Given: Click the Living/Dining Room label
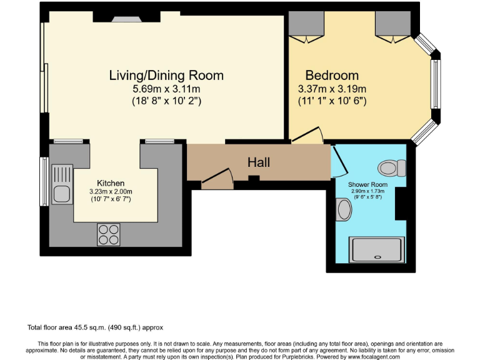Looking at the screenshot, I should coord(166,76).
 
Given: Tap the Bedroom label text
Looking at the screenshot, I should coord(332,76).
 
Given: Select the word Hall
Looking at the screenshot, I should coord(259,162).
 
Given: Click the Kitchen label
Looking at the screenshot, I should coord(111,183).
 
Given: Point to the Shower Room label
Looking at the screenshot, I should coord(367,185).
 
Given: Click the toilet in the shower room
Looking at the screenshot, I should coord(389,167).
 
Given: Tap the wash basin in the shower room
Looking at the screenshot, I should coord(343,209).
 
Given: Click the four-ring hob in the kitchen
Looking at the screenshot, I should coord(108,234).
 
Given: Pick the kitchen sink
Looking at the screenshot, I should coord(62,186).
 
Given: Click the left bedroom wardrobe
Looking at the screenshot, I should coord(306,25).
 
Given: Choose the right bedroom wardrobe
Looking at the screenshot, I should coord(392,25).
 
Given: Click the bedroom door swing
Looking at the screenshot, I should coord(308,136).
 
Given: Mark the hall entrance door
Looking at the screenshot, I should coord(218,181).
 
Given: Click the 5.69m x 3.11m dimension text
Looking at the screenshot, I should coord(166,89).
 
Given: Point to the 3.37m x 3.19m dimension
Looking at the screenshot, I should coord(332,89).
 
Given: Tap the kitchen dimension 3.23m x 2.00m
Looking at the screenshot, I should coord(111,191).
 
